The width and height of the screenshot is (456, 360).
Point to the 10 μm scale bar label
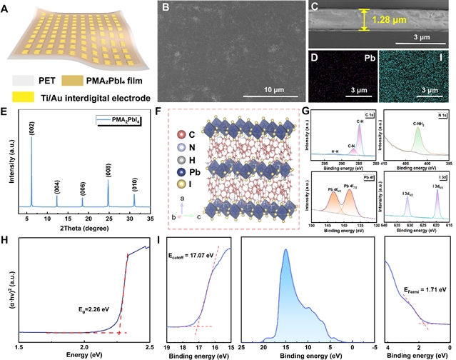click(x=260, y=90)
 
